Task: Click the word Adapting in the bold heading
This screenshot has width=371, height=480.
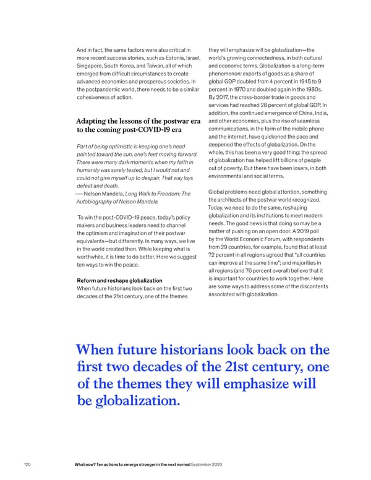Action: pos(95,121)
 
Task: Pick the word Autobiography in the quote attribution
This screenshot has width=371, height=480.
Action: pos(95,202)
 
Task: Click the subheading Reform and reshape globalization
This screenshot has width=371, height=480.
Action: pos(119,281)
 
